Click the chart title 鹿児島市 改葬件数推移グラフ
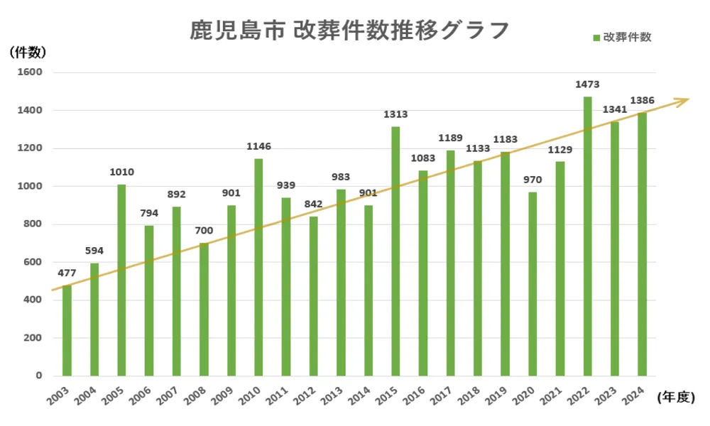[x=349, y=31]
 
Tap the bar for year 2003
[x=67, y=330]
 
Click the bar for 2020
[x=532, y=283]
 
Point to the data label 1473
[x=587, y=84]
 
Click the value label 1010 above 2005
[x=121, y=172]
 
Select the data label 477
[x=67, y=273]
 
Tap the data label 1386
[x=642, y=101]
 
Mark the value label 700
[x=204, y=231]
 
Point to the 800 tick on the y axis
[x=32, y=224]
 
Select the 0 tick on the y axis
[x=39, y=376]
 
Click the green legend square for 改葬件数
[x=596, y=38]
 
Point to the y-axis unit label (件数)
[x=28, y=51]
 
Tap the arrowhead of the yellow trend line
[x=684, y=101]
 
